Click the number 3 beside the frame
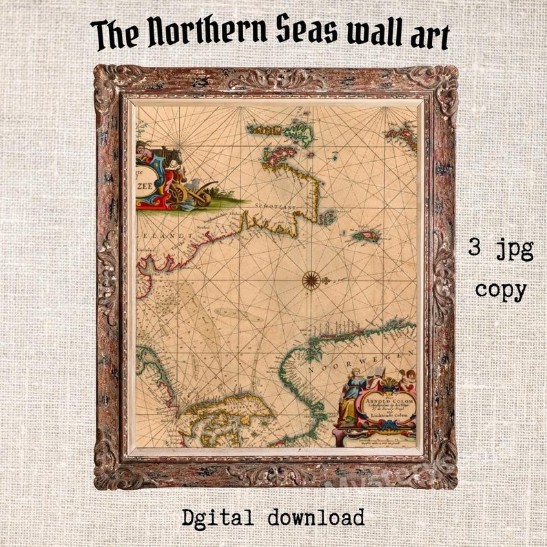[x=474, y=248]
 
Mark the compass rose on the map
[x=311, y=280]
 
